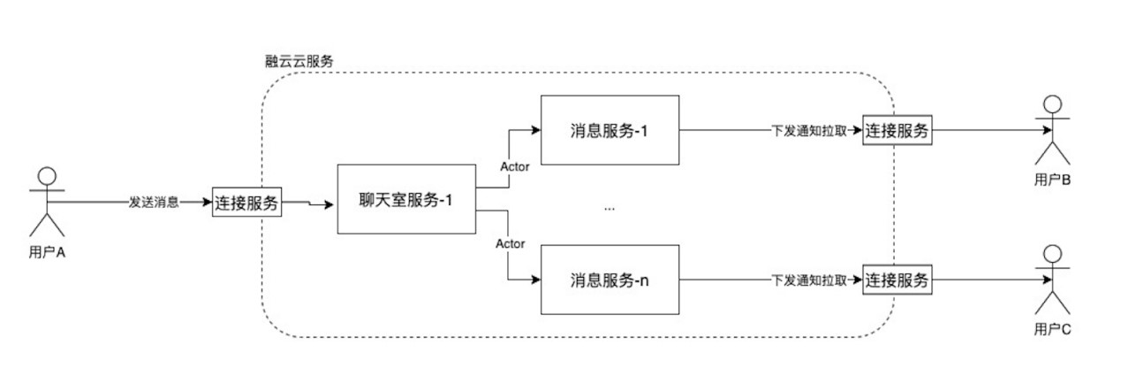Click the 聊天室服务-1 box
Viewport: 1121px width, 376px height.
pos(406,199)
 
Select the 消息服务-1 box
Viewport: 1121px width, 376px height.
pos(610,130)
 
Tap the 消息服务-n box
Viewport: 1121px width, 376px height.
pos(610,280)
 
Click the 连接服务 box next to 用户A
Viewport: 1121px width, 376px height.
pos(246,202)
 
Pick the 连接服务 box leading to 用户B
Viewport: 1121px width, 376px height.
pos(897,130)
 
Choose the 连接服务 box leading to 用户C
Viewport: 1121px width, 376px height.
pos(897,280)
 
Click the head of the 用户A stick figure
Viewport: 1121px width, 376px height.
pos(47,176)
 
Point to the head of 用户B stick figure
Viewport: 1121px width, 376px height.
pos(1052,104)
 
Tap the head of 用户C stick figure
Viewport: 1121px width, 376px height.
pos(1052,254)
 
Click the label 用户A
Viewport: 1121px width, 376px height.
pos(47,252)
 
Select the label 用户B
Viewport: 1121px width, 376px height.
pos(1052,180)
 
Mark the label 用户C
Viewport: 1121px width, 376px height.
pos(1052,329)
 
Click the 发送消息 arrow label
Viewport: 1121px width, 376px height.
pos(154,202)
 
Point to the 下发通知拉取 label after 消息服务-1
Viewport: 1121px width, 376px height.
pos(809,131)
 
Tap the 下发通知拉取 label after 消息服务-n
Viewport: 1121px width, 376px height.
pos(809,280)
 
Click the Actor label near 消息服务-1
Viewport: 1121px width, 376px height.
pos(514,167)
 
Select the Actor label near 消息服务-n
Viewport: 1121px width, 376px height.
pos(510,243)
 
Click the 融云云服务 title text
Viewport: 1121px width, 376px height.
pos(299,61)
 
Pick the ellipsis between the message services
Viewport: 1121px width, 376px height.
pos(609,209)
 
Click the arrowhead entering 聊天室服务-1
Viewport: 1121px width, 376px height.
pos(329,204)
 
